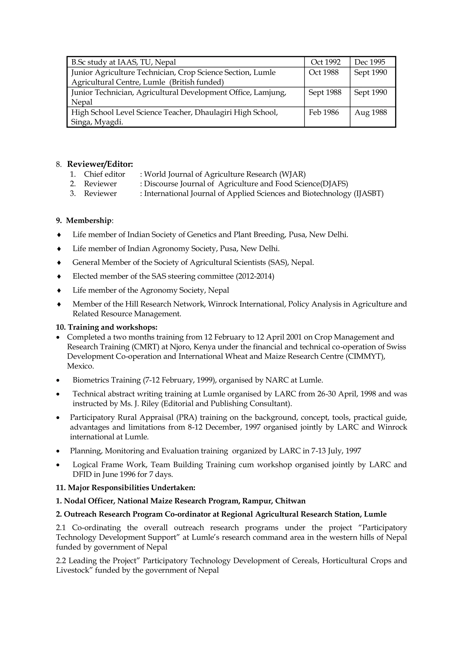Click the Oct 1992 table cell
326,62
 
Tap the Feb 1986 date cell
324,112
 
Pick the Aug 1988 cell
371,112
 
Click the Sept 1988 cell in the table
325,92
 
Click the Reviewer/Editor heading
100,164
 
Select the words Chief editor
104,174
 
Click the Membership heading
89,220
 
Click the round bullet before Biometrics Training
58,381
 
